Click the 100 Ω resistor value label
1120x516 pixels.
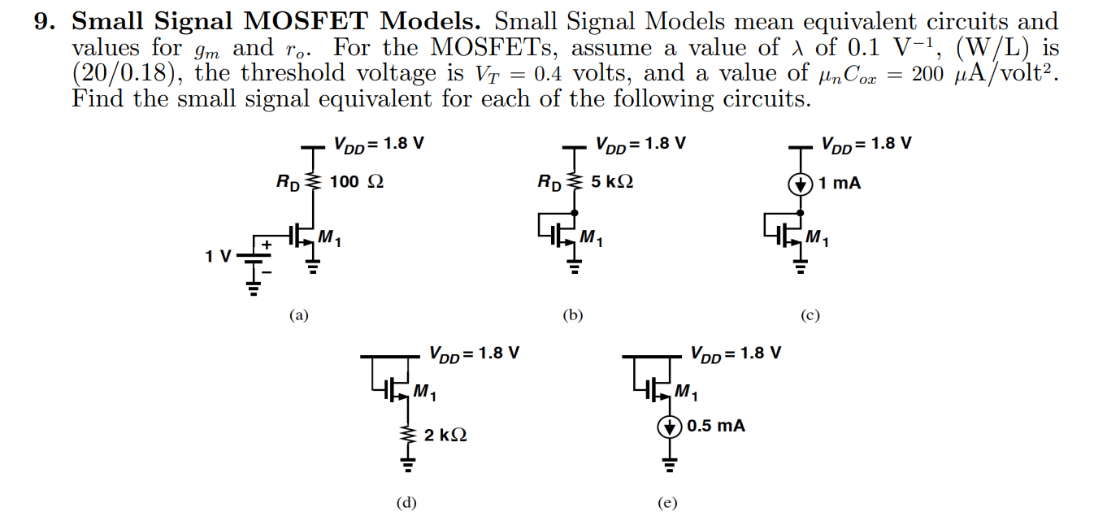tap(356, 182)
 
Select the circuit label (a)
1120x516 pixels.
tap(300, 315)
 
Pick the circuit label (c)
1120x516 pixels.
tap(809, 315)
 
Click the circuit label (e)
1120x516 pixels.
tap(666, 503)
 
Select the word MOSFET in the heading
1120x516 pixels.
tap(325, 21)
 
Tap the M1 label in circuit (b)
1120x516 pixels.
tap(591, 238)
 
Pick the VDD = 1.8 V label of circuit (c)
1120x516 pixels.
tap(865, 144)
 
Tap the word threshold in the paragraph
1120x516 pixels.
tap(297, 74)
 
